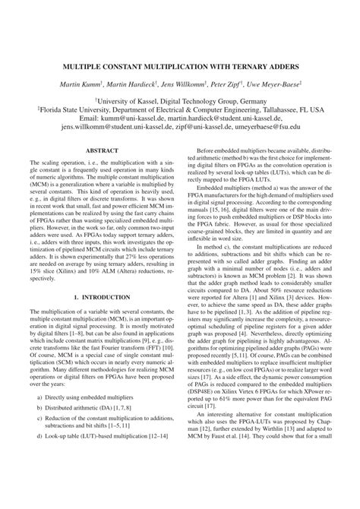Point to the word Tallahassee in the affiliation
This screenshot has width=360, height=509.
pyautogui.click(x=272, y=108)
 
